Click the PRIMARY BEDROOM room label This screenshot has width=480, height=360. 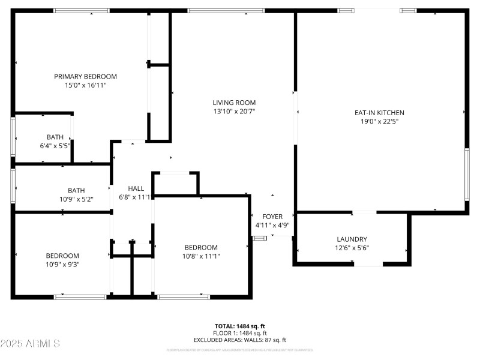(x=85, y=76)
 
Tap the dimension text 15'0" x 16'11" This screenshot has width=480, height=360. (x=85, y=85)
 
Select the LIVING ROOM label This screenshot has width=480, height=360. (x=234, y=102)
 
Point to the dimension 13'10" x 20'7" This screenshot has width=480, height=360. (x=234, y=111)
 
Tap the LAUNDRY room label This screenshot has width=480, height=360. (x=352, y=239)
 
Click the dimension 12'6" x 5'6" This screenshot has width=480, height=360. (x=352, y=248)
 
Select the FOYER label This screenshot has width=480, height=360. (x=272, y=217)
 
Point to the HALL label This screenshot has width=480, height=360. (x=136, y=188)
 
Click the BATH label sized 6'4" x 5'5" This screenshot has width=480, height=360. (x=55, y=137)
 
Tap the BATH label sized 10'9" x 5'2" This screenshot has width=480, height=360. (x=76, y=190)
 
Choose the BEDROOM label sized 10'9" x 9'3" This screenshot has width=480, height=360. (x=62, y=255)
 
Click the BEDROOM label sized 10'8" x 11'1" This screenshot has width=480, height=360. (x=201, y=247)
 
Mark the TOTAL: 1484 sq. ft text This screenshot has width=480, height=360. (x=240, y=326)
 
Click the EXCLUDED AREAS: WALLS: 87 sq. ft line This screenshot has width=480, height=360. (x=240, y=340)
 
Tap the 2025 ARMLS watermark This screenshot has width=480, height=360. (x=30, y=344)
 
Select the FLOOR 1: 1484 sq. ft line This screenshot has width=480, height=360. (x=240, y=333)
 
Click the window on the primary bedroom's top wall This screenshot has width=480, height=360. (x=82, y=11)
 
